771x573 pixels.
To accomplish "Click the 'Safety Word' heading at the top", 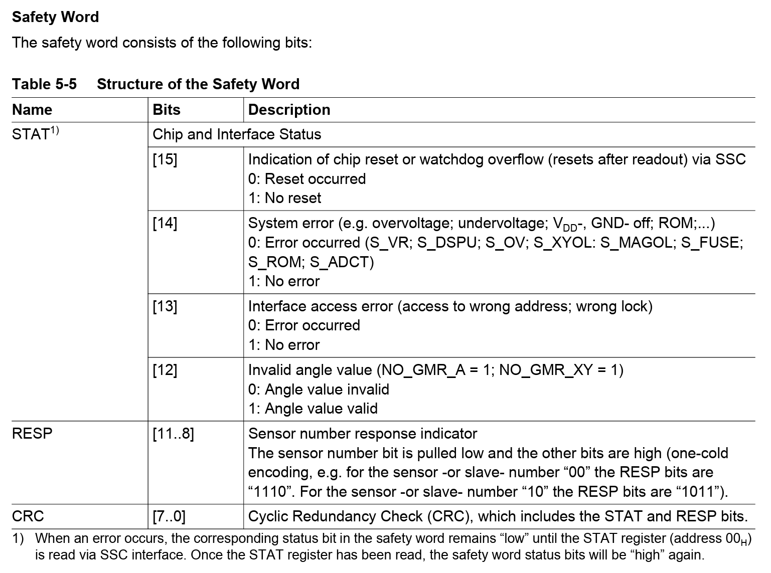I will click(x=55, y=17).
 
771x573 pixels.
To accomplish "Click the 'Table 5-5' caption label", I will click(x=44, y=84).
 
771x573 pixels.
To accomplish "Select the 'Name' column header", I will click(x=32, y=110).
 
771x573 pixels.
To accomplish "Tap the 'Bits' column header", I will click(x=167, y=110).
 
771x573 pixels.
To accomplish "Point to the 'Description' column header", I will click(x=289, y=110).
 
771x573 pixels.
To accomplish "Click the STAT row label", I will click(x=31, y=134).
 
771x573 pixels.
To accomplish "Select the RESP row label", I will click(x=32, y=433).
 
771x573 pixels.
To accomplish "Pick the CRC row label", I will click(x=28, y=516).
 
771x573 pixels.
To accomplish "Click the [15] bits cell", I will click(x=165, y=159).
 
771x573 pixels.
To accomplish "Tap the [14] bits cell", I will click(x=165, y=223).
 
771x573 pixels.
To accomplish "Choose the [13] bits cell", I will click(x=165, y=306).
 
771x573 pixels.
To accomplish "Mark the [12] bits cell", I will click(x=165, y=370).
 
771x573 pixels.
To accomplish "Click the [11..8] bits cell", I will click(x=173, y=433).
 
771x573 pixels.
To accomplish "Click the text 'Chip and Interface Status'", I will click(x=237, y=134).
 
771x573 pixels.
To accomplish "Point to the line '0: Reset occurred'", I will click(x=307, y=179).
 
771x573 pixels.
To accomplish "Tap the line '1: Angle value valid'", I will click(x=313, y=409).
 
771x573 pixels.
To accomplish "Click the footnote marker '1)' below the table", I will click(x=18, y=538).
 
